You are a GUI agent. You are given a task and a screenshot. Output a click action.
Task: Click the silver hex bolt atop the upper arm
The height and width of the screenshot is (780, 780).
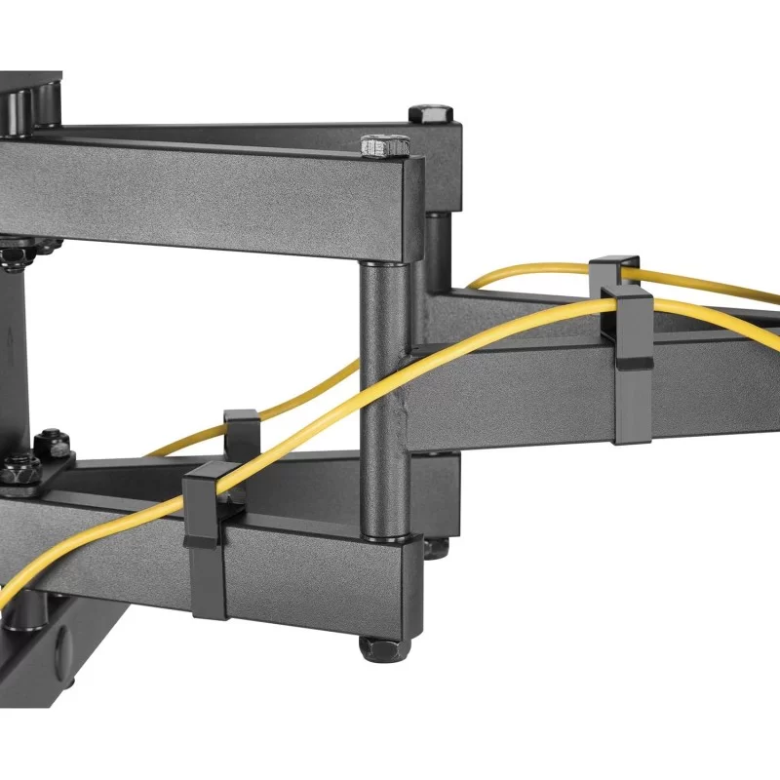click(384, 146)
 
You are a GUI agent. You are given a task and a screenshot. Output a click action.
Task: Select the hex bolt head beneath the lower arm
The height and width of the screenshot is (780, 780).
click(374, 648)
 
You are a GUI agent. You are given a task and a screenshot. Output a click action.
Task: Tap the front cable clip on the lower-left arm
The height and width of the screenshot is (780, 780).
click(207, 541)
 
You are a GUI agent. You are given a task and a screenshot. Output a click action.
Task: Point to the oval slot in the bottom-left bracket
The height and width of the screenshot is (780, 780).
click(63, 643)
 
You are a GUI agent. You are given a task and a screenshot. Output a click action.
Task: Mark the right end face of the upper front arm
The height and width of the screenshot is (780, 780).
click(415, 210)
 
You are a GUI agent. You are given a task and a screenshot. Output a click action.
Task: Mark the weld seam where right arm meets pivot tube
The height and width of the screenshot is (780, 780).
click(414, 351)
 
